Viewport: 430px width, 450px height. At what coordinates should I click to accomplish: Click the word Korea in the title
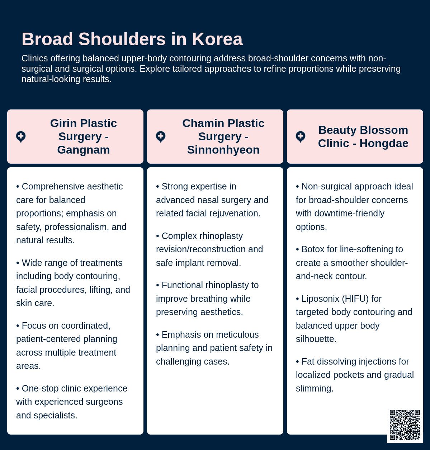217,39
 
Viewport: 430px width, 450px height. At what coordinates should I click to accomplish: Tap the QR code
405,425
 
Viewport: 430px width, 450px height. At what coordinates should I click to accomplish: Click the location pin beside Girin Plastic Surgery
21,137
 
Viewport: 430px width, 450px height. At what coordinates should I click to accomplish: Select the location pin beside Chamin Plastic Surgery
161,137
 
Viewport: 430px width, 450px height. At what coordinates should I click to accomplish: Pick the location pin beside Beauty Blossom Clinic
301,137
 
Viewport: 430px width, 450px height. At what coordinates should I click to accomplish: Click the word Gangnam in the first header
83,150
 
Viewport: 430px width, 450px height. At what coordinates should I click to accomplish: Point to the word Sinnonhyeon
223,150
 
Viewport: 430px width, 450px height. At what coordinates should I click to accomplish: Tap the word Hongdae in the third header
384,143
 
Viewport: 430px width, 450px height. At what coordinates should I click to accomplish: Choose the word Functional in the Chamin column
183,285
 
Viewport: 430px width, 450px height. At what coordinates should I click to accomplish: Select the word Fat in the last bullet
308,362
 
